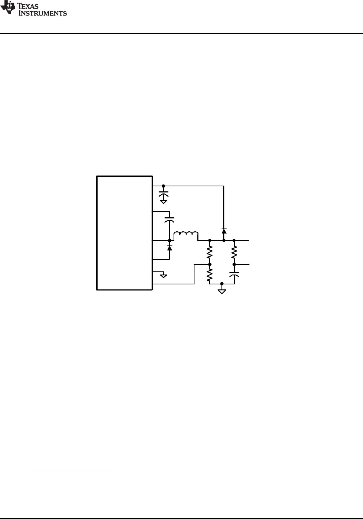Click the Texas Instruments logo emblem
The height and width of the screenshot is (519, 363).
click(7, 8)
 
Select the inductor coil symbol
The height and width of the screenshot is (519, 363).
click(186, 235)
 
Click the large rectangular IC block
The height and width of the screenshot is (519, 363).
click(125, 233)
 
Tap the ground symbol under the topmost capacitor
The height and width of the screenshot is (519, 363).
click(163, 202)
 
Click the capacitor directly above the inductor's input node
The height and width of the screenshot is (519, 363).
click(170, 219)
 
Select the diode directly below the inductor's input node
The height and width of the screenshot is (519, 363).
click(170, 248)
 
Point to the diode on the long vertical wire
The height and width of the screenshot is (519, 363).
click(224, 231)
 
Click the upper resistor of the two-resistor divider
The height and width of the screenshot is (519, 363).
click(210, 252)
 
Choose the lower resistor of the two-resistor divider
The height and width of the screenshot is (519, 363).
click(210, 275)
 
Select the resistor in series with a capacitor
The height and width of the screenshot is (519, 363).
click(234, 252)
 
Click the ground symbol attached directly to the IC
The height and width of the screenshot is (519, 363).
click(163, 276)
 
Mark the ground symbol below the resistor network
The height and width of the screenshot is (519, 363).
click(222, 290)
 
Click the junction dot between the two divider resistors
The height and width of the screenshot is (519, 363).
click(210, 265)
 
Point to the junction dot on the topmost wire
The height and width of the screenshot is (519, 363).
click(163, 186)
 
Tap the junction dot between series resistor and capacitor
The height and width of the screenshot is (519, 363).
click(234, 265)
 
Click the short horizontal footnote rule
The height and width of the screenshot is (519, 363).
click(76, 471)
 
